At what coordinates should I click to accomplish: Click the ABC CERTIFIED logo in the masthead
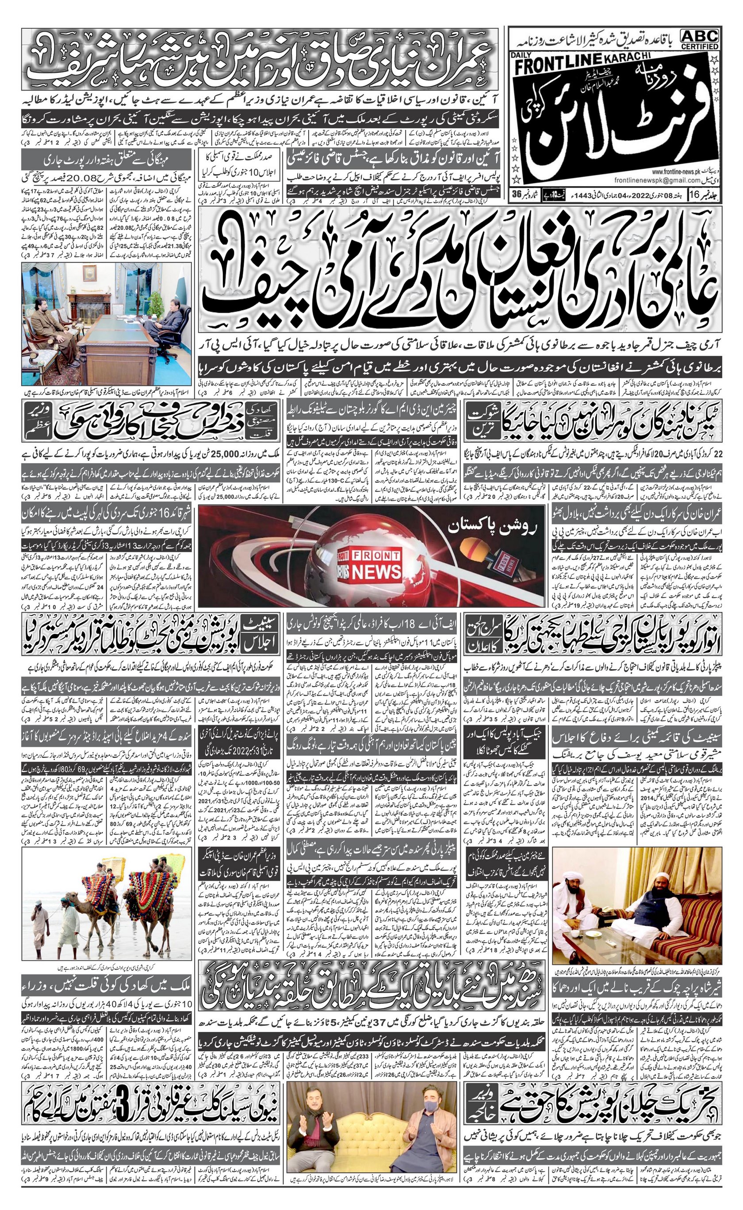[x=699, y=39]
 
